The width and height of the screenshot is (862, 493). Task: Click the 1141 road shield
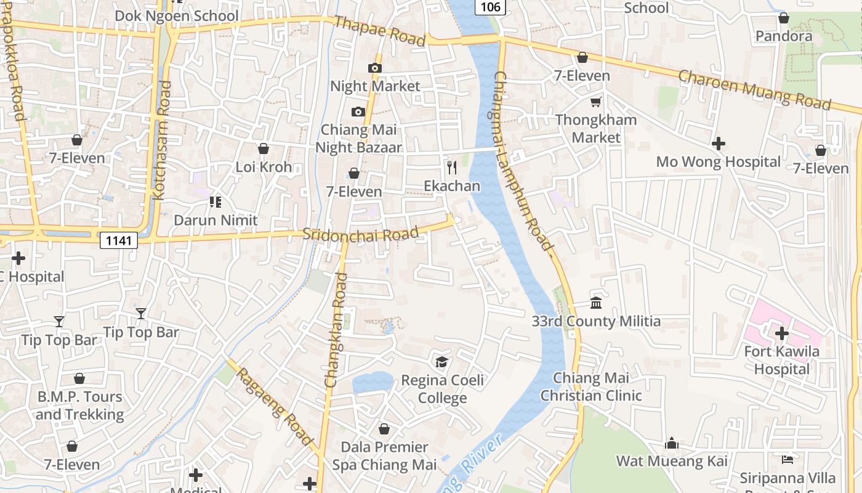coord(118,240)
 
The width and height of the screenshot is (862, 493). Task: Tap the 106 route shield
coord(490,7)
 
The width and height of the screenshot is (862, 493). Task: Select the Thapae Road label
coord(379,31)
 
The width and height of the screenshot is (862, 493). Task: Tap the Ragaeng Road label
coord(275,406)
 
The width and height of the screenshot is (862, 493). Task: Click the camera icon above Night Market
coord(374,68)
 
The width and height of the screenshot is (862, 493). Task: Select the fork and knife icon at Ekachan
coord(452,168)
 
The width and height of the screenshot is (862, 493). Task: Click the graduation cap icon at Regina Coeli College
coord(441,362)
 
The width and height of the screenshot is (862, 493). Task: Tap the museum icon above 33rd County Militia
coord(596,303)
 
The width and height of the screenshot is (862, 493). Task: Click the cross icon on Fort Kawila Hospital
coord(781,333)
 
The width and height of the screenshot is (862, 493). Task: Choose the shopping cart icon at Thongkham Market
coord(595,102)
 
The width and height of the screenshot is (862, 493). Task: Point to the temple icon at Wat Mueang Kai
coord(672,443)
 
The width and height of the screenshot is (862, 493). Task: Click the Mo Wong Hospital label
coord(718,162)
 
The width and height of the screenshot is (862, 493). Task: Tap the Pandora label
coord(784,36)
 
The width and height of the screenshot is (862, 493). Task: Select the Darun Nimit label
coord(216,220)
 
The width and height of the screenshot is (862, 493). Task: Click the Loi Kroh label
coord(264,167)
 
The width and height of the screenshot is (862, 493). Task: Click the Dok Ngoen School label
coord(177,15)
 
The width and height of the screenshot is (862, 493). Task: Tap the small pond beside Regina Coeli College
coord(372,382)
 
